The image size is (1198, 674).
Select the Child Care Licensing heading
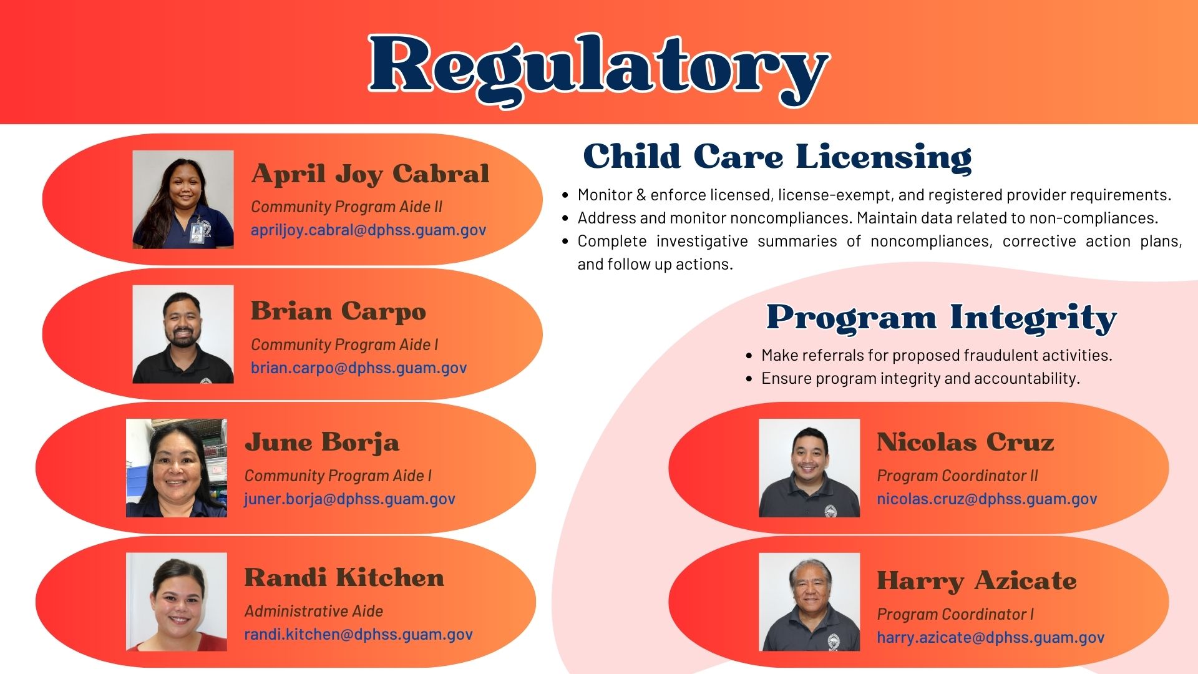pos(777,156)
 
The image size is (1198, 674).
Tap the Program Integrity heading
pos(941,318)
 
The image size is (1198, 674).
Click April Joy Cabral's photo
pos(183,199)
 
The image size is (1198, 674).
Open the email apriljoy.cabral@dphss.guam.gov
pos(368,230)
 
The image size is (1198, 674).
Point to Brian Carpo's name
pos(338,311)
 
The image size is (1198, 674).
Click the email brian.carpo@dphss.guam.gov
pos(358,368)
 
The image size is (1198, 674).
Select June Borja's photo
pos(177,467)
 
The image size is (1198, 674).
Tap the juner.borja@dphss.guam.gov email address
pos(349,499)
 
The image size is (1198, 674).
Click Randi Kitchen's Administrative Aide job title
pos(313,611)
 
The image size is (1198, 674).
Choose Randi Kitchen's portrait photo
pos(177,602)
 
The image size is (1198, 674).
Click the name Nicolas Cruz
pos(965,442)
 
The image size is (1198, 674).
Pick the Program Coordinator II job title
pos(957,476)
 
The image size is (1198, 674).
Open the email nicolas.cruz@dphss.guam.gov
pos(986,499)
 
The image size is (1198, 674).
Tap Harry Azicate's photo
pos(809,602)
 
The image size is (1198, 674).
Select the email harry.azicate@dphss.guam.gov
pos(990,637)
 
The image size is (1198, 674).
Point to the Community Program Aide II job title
pos(346,207)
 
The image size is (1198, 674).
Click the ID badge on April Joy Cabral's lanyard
pos(198,233)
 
